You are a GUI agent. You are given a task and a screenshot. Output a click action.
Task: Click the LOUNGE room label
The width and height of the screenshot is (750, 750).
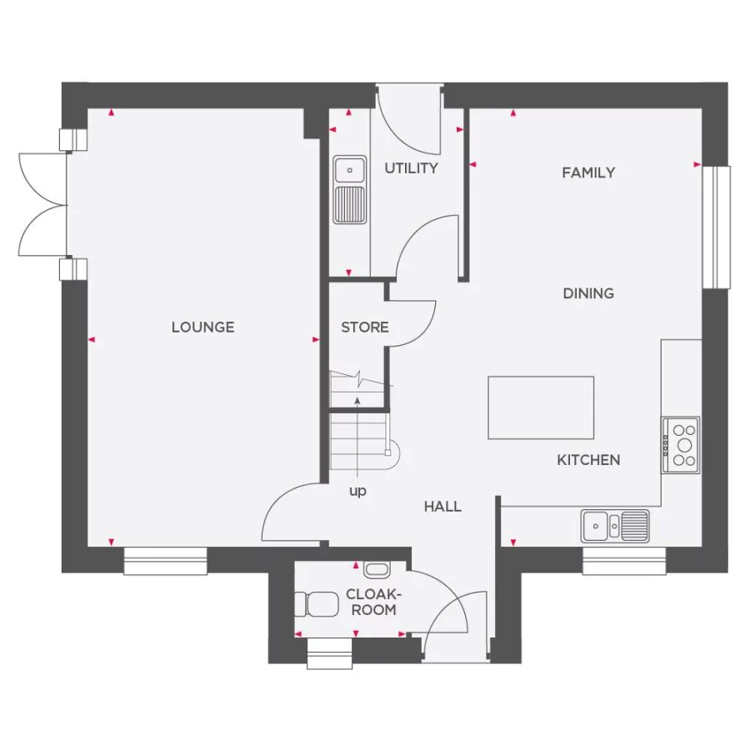pyautogui.click(x=202, y=327)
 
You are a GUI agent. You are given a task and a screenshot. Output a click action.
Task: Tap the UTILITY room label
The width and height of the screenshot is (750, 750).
pyautogui.click(x=411, y=168)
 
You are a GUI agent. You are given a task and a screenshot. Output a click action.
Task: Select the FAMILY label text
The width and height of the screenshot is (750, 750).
pyautogui.click(x=588, y=172)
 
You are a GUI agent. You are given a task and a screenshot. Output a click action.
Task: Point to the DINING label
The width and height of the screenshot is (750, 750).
pyautogui.click(x=588, y=293)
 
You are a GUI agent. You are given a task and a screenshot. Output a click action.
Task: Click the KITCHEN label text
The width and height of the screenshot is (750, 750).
pyautogui.click(x=588, y=460)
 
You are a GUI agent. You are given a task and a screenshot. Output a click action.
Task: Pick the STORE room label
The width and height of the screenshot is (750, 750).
pyautogui.click(x=365, y=327)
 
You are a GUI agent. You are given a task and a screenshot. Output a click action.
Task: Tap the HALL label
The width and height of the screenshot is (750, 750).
pyautogui.click(x=442, y=506)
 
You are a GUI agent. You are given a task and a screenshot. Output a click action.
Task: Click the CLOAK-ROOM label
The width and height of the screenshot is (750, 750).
pyautogui.click(x=372, y=602)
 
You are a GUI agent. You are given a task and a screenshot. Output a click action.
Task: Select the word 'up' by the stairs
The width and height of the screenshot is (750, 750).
pyautogui.click(x=357, y=492)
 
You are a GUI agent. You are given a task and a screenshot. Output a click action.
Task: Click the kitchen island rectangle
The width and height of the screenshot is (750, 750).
pyautogui.click(x=541, y=407)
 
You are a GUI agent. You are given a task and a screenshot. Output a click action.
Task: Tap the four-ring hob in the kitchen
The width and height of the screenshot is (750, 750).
pyautogui.click(x=682, y=445)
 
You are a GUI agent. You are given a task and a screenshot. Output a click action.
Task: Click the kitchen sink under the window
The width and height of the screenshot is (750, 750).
pyautogui.click(x=616, y=524)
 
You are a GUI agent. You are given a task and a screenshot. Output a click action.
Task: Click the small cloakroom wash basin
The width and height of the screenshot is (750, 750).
pyautogui.click(x=376, y=570)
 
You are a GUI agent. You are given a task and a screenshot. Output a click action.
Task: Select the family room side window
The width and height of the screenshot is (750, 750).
pyautogui.click(x=716, y=227)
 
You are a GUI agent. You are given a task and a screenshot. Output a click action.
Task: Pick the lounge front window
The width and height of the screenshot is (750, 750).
pyautogui.click(x=165, y=561)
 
